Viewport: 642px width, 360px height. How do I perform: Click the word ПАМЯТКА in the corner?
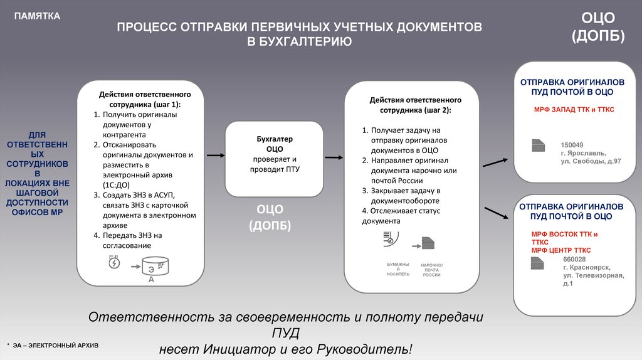point(38,16)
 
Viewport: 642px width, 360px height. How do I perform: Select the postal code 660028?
point(574,259)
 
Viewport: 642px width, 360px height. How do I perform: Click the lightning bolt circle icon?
point(114,263)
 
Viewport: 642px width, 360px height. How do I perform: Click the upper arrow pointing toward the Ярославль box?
point(495,162)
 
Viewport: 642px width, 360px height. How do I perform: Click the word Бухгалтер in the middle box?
point(275,139)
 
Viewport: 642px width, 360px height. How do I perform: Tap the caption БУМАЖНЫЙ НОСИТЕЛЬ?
point(398,270)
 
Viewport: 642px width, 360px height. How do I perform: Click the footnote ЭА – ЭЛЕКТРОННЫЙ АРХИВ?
point(55,346)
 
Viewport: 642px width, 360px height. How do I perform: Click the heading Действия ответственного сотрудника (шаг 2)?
point(414,105)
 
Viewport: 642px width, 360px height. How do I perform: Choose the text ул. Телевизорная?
point(593,275)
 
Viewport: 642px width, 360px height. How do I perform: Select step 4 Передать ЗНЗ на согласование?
point(133,240)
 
